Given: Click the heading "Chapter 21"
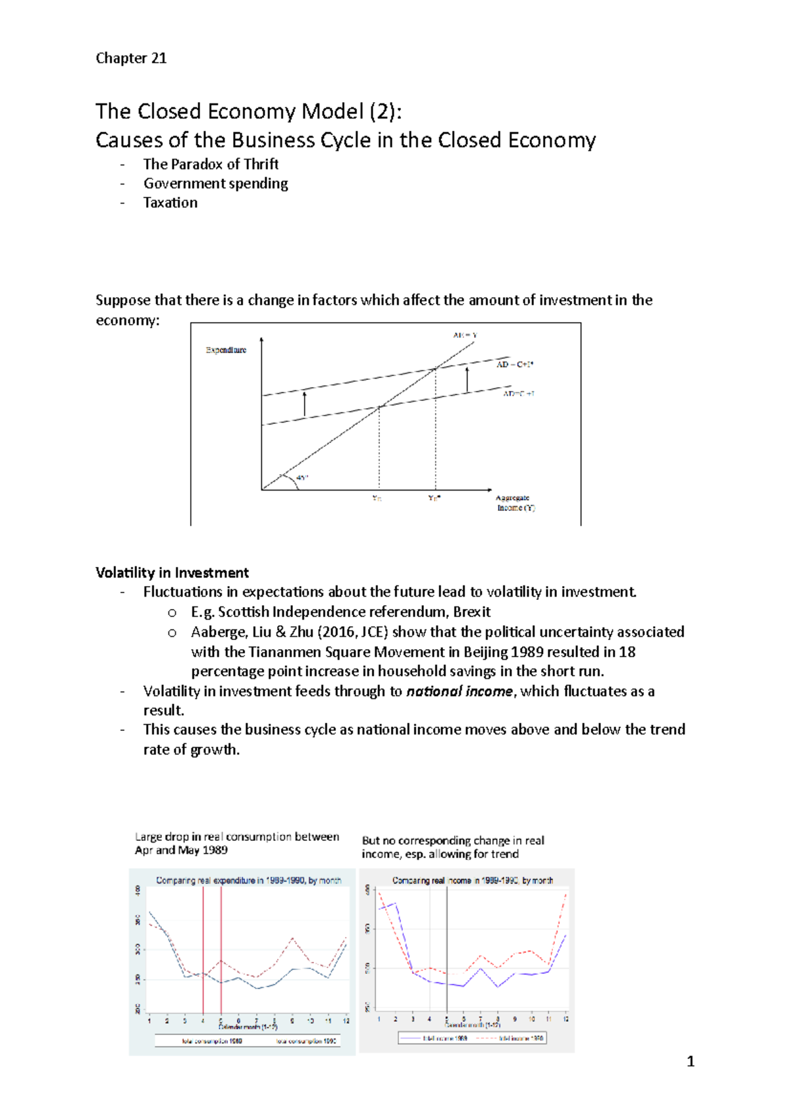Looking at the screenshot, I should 131,58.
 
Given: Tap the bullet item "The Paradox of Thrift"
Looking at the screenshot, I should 211,164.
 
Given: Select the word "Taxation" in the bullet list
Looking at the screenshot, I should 171,203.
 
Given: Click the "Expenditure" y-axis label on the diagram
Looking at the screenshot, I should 226,350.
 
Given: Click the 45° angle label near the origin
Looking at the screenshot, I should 302,478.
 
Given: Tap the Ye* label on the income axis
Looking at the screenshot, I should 434,498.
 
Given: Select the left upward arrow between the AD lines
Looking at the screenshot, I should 304,404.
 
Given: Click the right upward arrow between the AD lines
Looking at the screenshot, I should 467,380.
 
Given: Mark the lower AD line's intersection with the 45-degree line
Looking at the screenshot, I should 379,408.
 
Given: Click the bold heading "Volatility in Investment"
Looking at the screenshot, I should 172,573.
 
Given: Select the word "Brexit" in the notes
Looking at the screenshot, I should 471,612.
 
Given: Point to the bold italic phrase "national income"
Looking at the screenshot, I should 459,691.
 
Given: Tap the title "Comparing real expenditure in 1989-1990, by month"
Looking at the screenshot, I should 248,880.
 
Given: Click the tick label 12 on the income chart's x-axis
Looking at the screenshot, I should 566,1019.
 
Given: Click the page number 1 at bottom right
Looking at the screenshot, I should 690,1061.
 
